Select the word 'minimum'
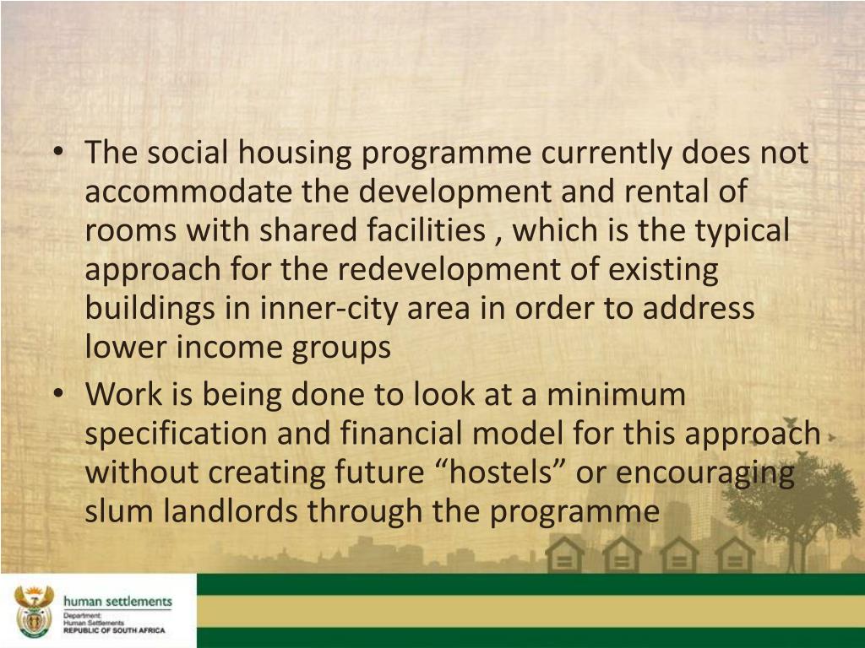[616, 395]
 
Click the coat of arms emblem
[34, 610]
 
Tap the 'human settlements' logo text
[117, 601]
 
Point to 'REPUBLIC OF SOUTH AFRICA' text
[114, 629]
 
